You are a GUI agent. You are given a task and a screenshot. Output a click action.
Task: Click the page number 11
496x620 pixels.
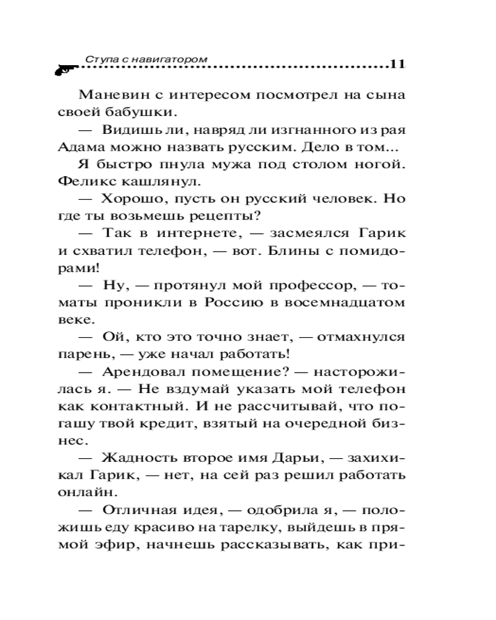[397, 64]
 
